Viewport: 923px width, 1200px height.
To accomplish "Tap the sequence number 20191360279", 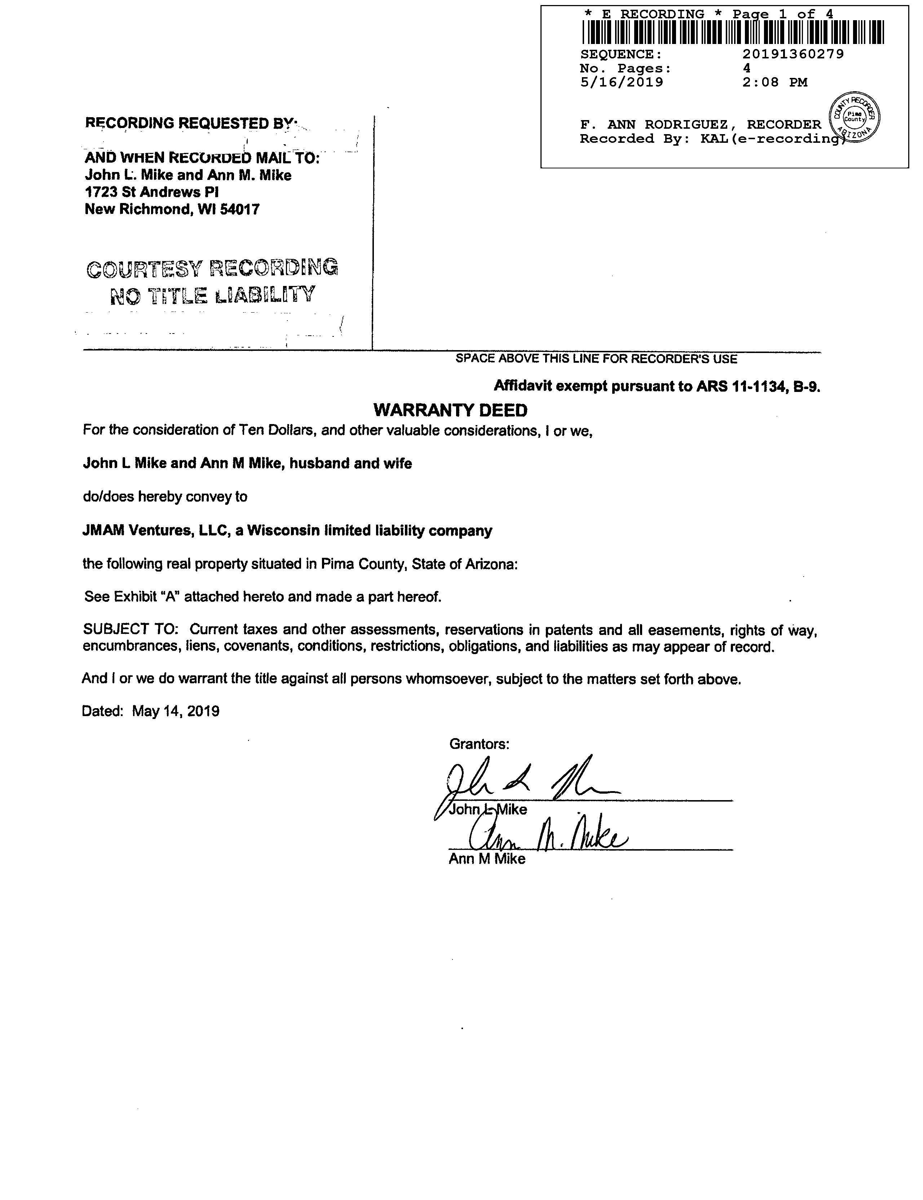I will coord(793,54).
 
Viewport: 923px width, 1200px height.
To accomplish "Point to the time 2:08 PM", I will coord(775,83).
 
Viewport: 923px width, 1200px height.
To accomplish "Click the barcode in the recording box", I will coord(733,32).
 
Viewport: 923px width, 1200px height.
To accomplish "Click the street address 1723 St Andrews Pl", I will coord(152,192).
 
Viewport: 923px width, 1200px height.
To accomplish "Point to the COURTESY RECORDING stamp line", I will coord(212,268).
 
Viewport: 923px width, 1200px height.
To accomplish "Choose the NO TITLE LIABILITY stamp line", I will coord(213,296).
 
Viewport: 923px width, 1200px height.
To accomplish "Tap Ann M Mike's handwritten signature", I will coord(547,838).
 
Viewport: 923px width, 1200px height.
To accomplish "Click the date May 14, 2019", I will coord(176,711).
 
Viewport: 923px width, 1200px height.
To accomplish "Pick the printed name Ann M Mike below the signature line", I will coord(487,859).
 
